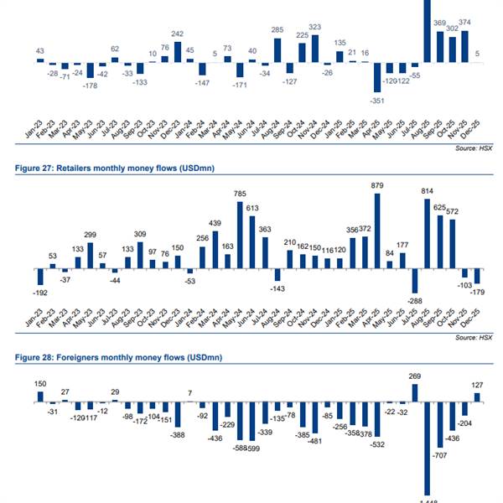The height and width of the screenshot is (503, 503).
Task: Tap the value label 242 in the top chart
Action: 178,34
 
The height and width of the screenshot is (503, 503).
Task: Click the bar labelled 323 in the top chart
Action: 315,48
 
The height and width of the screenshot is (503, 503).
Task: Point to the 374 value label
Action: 465,23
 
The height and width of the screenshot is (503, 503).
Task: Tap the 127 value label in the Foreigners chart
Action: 476,386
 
